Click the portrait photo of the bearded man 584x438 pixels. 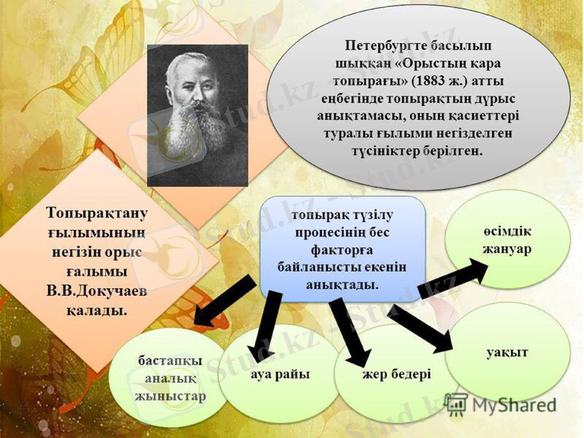[197, 115]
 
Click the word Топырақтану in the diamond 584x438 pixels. [97, 215]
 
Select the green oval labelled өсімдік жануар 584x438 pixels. [507, 238]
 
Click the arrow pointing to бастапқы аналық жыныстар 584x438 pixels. [223, 304]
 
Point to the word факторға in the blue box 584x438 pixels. [343, 249]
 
